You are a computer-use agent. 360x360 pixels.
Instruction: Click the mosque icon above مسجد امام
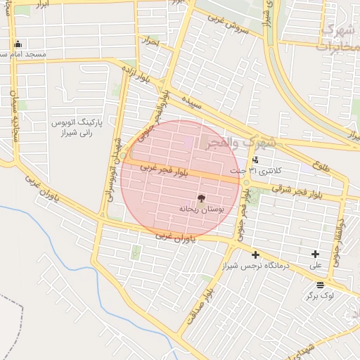[18, 44]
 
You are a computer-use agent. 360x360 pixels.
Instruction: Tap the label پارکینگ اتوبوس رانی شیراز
[77, 127]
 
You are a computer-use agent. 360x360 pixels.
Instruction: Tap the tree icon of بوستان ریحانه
[201, 198]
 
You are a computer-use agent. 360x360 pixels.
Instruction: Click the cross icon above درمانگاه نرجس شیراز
[255, 255]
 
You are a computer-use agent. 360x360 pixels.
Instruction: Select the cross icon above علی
[315, 255]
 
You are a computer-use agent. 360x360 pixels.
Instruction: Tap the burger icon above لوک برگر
[321, 285]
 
